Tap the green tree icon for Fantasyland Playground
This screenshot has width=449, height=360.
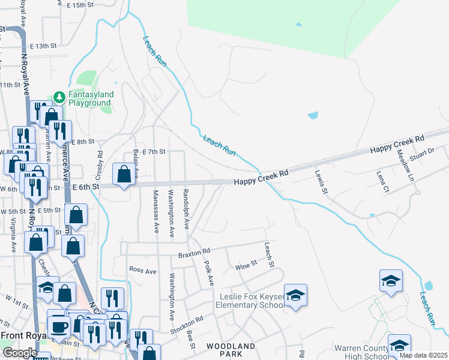[59, 96]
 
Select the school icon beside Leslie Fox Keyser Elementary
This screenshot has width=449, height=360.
[295, 295]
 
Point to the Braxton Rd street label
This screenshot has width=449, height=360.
[194, 254]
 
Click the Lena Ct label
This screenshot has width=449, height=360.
[383, 182]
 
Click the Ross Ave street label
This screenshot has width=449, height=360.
[143, 270]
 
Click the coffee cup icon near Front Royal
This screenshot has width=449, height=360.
[58, 326]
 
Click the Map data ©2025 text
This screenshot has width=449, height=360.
[423, 355]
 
